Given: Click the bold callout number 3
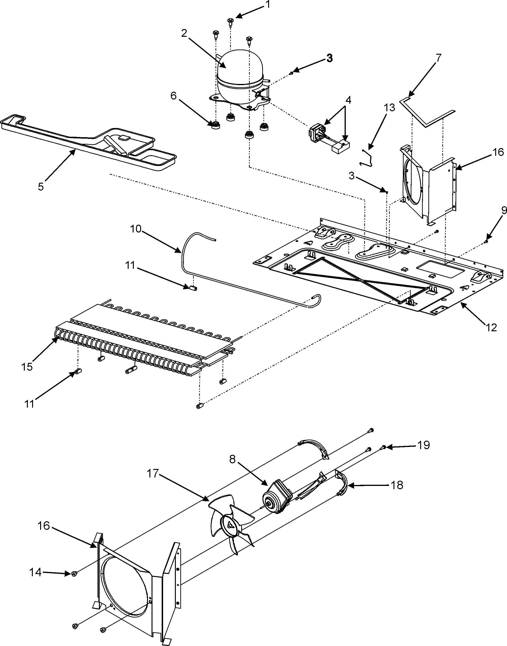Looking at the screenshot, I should click(329, 58).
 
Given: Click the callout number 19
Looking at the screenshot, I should click(424, 453).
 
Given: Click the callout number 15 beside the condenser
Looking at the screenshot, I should click(27, 367).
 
